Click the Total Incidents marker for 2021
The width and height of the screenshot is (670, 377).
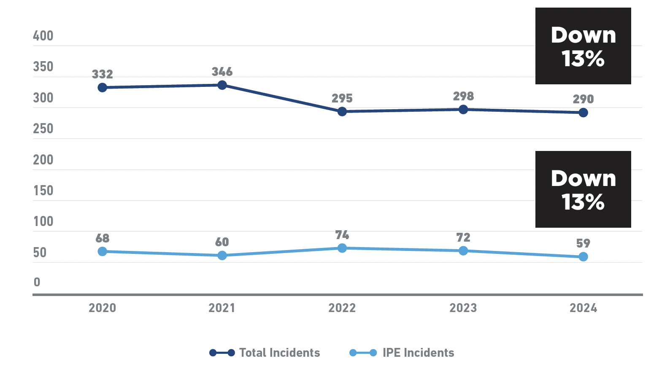pyautogui.click(x=222, y=85)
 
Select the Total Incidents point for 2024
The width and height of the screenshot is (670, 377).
pyautogui.click(x=583, y=113)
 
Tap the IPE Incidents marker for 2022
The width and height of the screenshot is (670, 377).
pyautogui.click(x=342, y=248)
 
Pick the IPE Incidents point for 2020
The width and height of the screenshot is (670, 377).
pyautogui.click(x=102, y=251)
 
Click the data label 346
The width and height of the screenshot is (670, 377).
pyautogui.click(x=222, y=72)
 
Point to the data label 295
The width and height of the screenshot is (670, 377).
pyautogui.click(x=342, y=98)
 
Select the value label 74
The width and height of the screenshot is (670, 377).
pyautogui.click(x=342, y=235)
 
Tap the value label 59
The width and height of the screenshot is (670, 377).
pyautogui.click(x=583, y=243)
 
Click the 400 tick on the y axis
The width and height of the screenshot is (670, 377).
pyautogui.click(x=43, y=36)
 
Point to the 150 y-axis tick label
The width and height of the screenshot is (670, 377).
pyautogui.click(x=43, y=191)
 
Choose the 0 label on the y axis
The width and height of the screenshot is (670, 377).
pyautogui.click(x=37, y=282)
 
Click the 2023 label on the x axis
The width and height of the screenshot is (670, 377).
pyautogui.click(x=463, y=308)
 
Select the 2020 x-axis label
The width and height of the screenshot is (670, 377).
pyautogui.click(x=102, y=308)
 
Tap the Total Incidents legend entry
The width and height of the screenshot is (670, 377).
pyautogui.click(x=265, y=353)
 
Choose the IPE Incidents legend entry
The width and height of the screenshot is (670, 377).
pyautogui.click(x=402, y=353)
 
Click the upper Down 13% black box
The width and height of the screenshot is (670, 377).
pyautogui.click(x=583, y=46)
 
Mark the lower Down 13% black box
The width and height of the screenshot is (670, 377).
pyautogui.click(x=583, y=189)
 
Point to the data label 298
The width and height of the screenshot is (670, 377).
pyautogui.click(x=463, y=96)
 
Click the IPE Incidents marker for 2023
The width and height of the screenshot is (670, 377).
pyautogui.click(x=463, y=250)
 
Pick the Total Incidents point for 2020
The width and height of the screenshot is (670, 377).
pyautogui.click(x=102, y=87)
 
